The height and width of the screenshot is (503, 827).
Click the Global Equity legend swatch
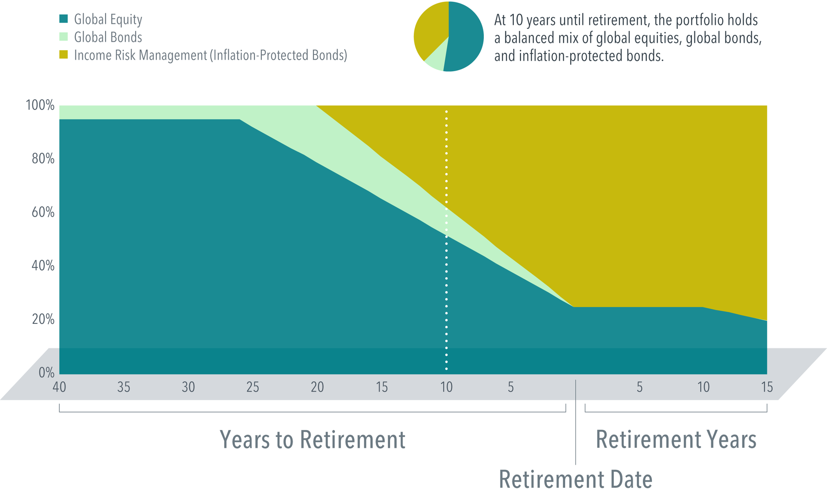coord(64,19)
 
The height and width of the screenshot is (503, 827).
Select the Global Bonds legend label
coord(108,37)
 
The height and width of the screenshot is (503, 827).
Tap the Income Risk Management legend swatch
coord(64,55)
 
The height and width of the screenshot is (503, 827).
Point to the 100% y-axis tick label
coord(40,105)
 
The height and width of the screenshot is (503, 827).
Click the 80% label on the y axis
coord(43,159)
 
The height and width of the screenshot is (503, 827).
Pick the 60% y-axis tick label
coord(43,212)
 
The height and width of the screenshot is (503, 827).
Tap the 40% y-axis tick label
coord(43,266)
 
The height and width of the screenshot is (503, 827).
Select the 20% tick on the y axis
coord(43,319)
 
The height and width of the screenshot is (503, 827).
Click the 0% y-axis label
coord(46,373)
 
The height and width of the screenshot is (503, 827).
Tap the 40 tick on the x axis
coord(59,387)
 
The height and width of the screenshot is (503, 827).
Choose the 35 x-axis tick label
coord(124,387)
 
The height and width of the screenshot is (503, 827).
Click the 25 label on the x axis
coord(253,387)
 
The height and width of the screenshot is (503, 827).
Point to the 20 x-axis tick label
coord(317,387)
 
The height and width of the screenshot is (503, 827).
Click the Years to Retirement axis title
coord(312,440)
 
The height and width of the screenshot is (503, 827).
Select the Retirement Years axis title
coord(676,440)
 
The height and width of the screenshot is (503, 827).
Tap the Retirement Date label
coord(576,480)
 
